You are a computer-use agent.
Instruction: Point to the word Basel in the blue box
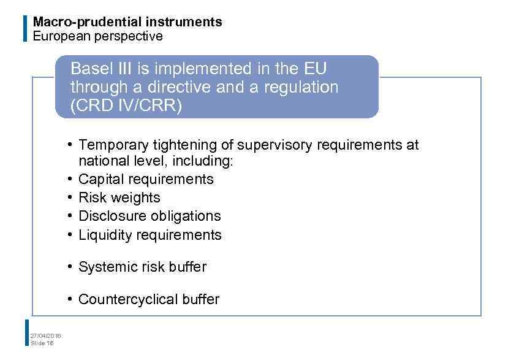pyautogui.click(x=89, y=67)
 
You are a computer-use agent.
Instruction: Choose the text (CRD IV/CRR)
pyautogui.click(x=126, y=106)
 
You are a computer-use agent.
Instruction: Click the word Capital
pyautogui.click(x=100, y=179)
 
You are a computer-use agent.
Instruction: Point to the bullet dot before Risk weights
pyautogui.click(x=71, y=197)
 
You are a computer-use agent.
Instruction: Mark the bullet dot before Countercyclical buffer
pyautogui.click(x=71, y=299)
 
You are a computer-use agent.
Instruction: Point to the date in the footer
pyautogui.click(x=46, y=335)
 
